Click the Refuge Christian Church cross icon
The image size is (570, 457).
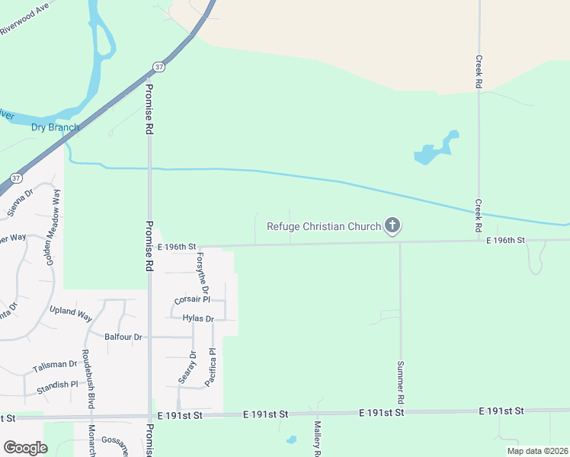tap(392, 225)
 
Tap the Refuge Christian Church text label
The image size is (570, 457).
tap(323, 226)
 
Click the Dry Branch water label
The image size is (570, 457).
tap(55, 127)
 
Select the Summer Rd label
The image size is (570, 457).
tap(399, 382)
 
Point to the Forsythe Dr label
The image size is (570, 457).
tap(202, 273)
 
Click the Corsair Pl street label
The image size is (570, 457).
tap(192, 300)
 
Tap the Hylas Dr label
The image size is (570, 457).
tap(199, 318)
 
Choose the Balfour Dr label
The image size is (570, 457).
tap(123, 337)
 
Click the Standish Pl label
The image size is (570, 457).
tap(58, 385)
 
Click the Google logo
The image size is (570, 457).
tap(26, 448)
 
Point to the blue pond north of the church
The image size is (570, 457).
tap(435, 149)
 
